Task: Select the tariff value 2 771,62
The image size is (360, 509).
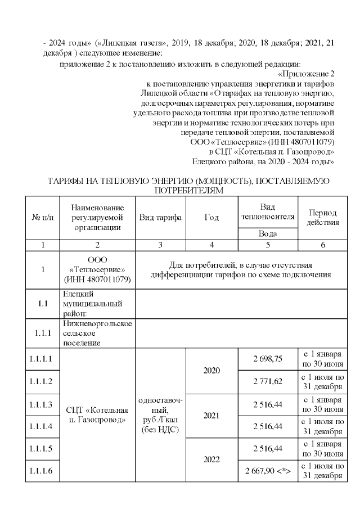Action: click(x=267, y=381)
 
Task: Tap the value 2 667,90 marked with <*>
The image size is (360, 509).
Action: click(x=267, y=470)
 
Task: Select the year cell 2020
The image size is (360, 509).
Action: click(x=211, y=371)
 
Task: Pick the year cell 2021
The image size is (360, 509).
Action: click(x=211, y=415)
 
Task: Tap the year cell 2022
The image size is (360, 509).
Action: click(x=211, y=459)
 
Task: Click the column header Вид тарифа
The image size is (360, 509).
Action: click(x=160, y=218)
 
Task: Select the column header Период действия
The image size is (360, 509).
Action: click(x=323, y=218)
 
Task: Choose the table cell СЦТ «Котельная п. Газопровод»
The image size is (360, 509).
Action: click(x=97, y=415)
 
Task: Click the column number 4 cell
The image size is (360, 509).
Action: click(x=211, y=245)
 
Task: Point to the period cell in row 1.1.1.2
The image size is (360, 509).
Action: click(x=323, y=381)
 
